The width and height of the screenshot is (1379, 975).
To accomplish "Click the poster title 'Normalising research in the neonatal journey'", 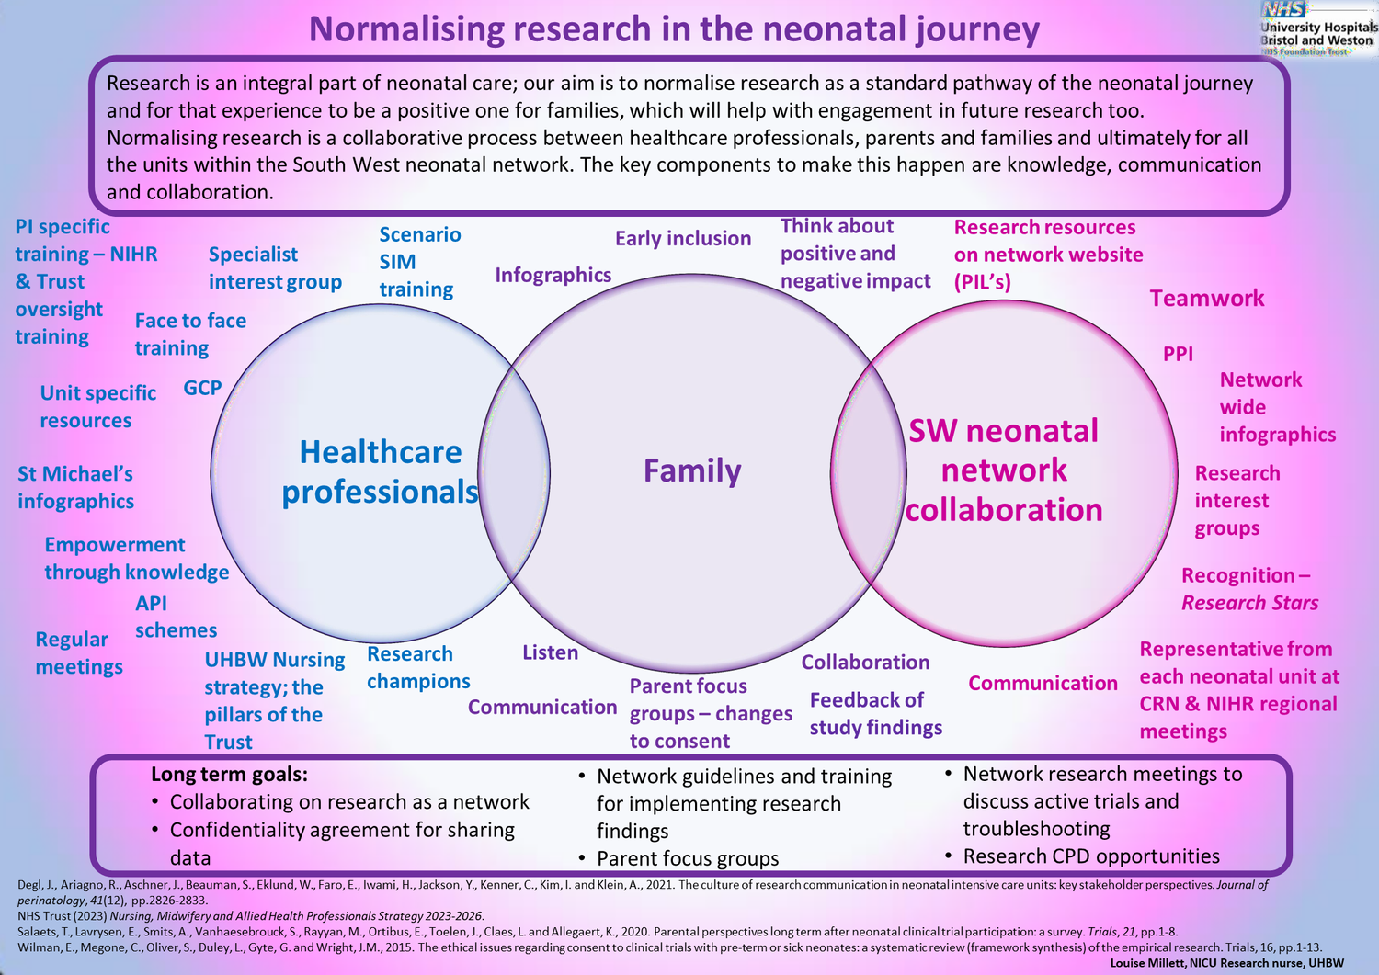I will pyautogui.click(x=674, y=29).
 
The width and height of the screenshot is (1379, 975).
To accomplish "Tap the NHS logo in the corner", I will pyautogui.click(x=1284, y=10).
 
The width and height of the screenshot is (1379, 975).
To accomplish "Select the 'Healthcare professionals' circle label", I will pyautogui.click(x=380, y=472).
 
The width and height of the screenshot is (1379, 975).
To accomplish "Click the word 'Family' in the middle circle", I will pyautogui.click(x=691, y=470).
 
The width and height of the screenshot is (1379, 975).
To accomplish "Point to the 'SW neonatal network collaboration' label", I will pyautogui.click(x=1003, y=470).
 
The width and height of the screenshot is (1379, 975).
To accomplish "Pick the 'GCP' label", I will pyautogui.click(x=202, y=388).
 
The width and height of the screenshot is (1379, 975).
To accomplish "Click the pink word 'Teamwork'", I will pyautogui.click(x=1206, y=299).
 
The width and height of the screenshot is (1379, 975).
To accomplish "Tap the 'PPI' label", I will pyautogui.click(x=1178, y=354).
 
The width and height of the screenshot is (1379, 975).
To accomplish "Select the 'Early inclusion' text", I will pyautogui.click(x=682, y=239).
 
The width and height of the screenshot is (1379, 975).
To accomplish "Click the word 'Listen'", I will pyautogui.click(x=550, y=652).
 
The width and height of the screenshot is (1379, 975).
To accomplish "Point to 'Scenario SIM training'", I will pyautogui.click(x=419, y=262).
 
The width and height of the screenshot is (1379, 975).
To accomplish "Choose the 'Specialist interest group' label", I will pyautogui.click(x=274, y=268).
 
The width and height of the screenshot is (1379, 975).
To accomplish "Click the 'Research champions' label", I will pyautogui.click(x=417, y=668).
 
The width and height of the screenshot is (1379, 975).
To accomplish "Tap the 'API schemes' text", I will pyautogui.click(x=175, y=617).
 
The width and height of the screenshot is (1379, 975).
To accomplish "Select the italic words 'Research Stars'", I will pyautogui.click(x=1249, y=603).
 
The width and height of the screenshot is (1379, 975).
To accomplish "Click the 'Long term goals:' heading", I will pyautogui.click(x=229, y=775).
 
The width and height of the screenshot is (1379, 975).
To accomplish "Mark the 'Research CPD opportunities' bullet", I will pyautogui.click(x=1090, y=856).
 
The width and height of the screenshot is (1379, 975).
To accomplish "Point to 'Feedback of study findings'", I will pyautogui.click(x=875, y=714).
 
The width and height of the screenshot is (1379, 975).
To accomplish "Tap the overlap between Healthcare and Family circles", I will pyautogui.click(x=515, y=470).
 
